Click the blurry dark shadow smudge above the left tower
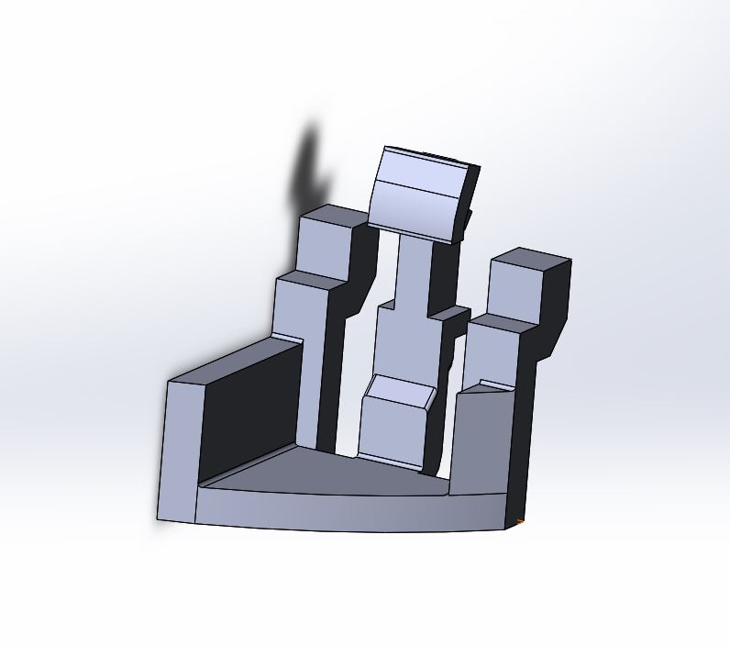tap(310, 170)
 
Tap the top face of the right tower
tap(530, 257)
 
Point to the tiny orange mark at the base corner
tap(520, 522)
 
